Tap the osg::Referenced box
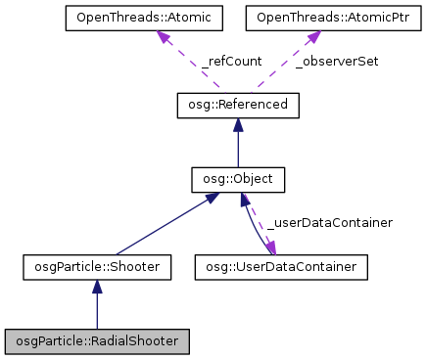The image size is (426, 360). coord(237,105)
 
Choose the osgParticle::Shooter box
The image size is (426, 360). coord(96,265)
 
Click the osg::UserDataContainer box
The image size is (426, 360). coord(282,265)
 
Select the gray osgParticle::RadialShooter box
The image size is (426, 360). coord(96,341)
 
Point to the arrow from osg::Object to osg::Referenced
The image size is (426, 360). coord(237,147)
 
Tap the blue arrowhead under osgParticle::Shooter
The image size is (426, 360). coord(96,286)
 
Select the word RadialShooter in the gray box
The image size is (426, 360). coord(136,341)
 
